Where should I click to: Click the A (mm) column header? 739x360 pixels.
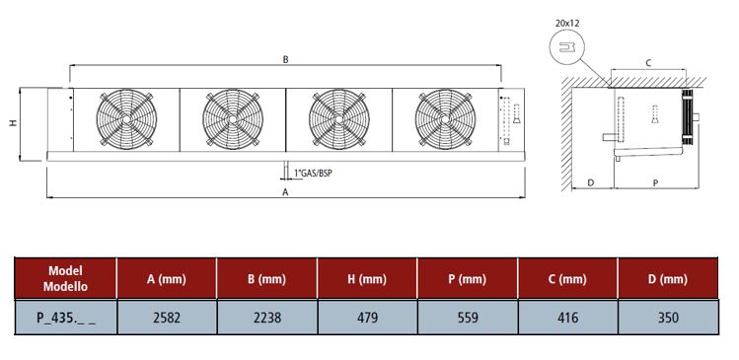click(167, 279)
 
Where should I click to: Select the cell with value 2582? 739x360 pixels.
click(167, 318)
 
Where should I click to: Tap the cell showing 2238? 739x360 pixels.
click(267, 318)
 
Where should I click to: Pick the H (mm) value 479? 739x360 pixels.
click(368, 318)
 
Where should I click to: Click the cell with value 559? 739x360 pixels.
click(468, 318)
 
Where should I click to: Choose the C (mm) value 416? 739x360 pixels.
click(567, 318)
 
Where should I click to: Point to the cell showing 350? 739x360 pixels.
click(668, 318)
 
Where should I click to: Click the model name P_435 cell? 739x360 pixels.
click(66, 318)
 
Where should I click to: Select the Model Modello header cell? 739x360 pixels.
click(65, 278)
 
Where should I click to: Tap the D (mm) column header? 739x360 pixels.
click(668, 279)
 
